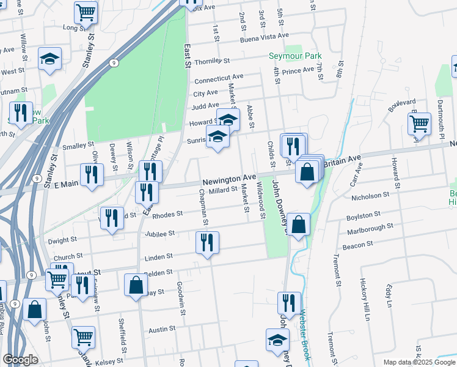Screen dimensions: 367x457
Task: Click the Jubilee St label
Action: click(x=160, y=233)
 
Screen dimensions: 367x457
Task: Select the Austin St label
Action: click(x=162, y=328)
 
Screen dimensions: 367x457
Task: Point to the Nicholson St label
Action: click(x=370, y=196)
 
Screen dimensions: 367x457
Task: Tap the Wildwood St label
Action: click(x=261, y=200)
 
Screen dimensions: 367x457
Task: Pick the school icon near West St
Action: click(x=49, y=59)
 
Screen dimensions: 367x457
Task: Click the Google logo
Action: click(x=21, y=360)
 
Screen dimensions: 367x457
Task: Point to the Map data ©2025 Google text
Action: click(x=419, y=362)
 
